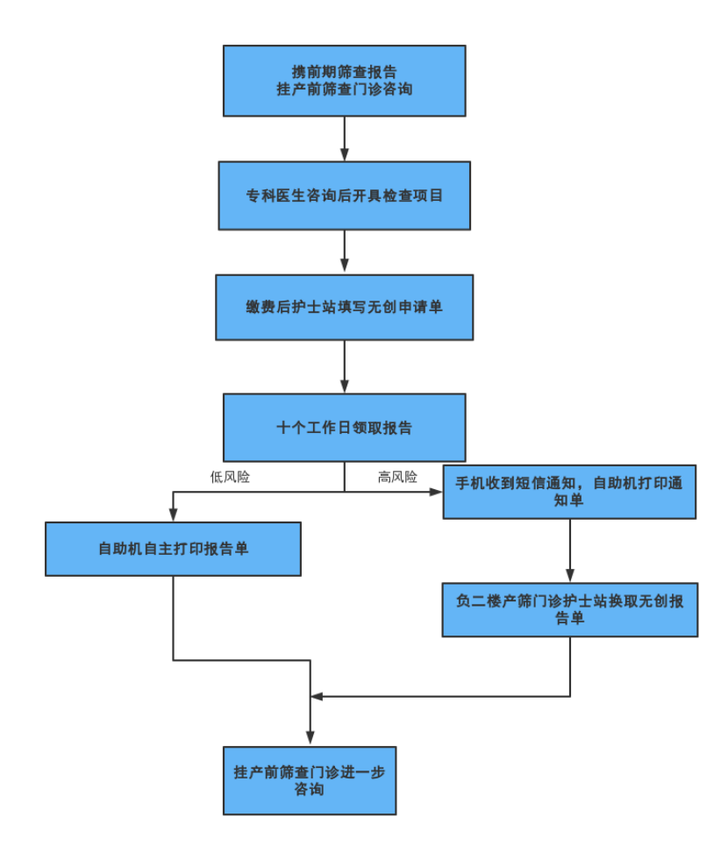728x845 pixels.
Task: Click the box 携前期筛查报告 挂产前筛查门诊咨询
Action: (x=344, y=81)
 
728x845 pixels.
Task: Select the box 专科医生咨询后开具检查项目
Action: (x=344, y=195)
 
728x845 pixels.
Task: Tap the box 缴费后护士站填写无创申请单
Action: (x=344, y=307)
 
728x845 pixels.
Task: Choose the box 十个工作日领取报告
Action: (x=344, y=428)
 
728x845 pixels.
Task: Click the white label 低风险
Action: (x=230, y=476)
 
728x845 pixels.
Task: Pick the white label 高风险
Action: (x=397, y=476)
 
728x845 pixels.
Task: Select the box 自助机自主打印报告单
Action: (x=173, y=549)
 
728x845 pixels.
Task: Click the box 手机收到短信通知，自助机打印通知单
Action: (x=569, y=492)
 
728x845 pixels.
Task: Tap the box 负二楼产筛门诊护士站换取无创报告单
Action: (x=569, y=609)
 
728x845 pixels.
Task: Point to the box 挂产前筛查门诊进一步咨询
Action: (x=310, y=781)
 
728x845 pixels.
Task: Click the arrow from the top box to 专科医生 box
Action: (x=344, y=138)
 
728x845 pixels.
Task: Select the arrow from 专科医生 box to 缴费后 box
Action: (x=344, y=252)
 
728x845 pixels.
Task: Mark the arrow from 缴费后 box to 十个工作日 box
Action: (x=344, y=366)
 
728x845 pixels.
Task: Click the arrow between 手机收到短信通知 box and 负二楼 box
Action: (x=569, y=550)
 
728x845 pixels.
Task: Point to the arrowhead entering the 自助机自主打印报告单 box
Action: (x=173, y=515)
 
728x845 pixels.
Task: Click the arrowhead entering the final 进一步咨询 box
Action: (x=310, y=739)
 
